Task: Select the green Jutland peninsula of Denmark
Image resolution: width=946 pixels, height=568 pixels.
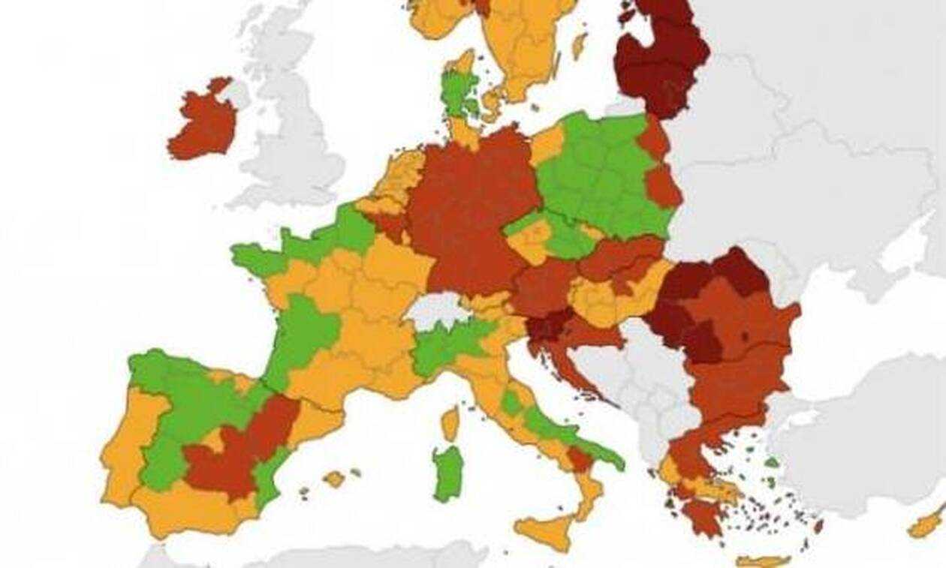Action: point(455,94)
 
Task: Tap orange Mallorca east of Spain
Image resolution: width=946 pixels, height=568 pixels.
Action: point(334,478)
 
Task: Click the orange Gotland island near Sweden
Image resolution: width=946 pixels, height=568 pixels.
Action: point(579,46)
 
